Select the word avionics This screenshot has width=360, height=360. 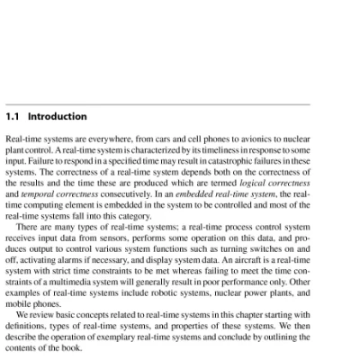coord(247,141)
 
